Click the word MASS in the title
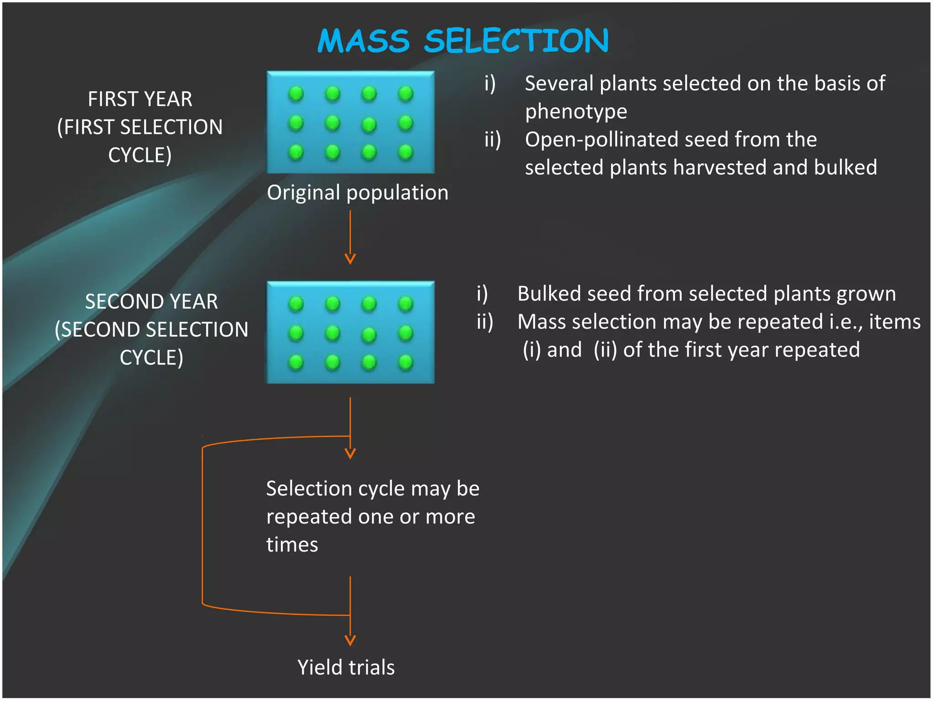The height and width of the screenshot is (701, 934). click(x=363, y=41)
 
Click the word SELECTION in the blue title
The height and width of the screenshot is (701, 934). click(x=516, y=41)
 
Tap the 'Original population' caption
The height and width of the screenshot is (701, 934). click(x=358, y=193)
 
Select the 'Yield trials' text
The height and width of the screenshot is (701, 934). click(x=346, y=667)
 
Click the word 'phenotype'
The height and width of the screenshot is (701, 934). click(x=576, y=112)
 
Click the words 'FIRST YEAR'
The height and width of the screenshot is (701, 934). click(x=140, y=99)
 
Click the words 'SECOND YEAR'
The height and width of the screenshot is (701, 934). click(x=151, y=302)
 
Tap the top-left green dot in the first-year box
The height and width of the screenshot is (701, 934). click(x=296, y=94)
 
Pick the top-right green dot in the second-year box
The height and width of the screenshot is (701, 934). click(x=405, y=303)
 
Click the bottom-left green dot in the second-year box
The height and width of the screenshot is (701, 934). click(x=296, y=362)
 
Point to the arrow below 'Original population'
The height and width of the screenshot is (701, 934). click(x=350, y=237)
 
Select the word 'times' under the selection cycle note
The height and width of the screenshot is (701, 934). click(x=292, y=545)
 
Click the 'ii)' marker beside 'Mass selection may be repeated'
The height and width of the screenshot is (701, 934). click(x=485, y=322)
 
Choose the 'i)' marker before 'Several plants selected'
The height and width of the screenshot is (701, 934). click(x=490, y=84)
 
